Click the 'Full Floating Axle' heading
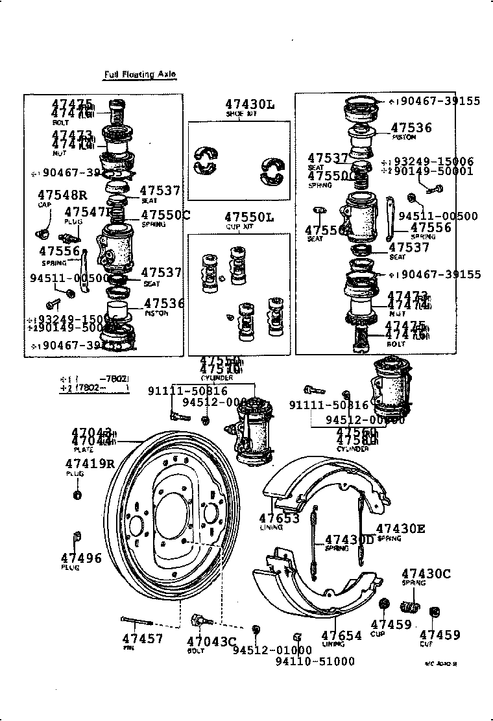(139, 75)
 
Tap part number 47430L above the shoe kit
(250, 104)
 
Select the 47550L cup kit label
(250, 217)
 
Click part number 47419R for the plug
(90, 464)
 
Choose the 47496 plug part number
(81, 558)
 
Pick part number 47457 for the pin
(142, 639)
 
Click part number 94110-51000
(315, 661)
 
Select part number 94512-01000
(272, 650)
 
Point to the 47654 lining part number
(341, 636)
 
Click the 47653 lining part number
(280, 518)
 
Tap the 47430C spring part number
(426, 573)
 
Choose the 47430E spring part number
(400, 528)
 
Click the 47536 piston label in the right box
(411, 128)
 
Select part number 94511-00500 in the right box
(438, 216)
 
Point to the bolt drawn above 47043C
(200, 619)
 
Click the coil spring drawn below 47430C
(410, 608)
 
